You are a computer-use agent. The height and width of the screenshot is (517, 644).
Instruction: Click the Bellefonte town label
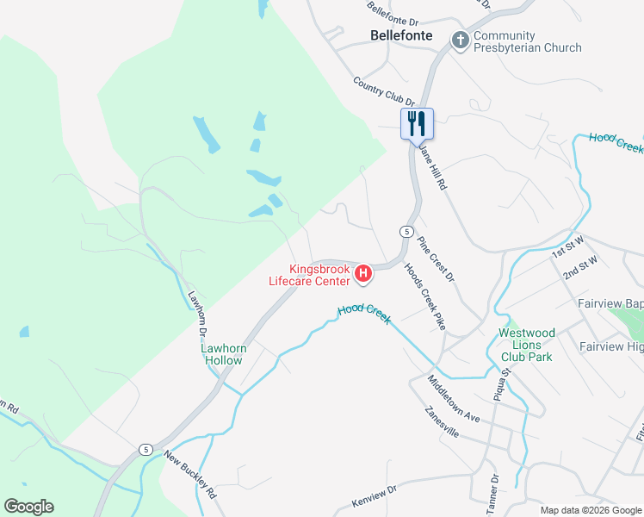(406, 36)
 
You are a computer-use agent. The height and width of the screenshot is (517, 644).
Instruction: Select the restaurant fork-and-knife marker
(418, 123)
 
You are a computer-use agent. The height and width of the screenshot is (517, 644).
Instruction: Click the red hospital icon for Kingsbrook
(363, 274)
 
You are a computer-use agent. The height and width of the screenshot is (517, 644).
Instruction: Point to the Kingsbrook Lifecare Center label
(319, 274)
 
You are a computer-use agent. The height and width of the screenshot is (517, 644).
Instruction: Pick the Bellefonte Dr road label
(392, 13)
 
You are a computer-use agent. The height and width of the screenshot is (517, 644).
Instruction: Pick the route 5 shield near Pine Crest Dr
(405, 231)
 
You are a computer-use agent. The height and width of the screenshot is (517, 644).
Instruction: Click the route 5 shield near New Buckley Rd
(146, 449)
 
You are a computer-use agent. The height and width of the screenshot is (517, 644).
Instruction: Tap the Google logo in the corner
(28, 507)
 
